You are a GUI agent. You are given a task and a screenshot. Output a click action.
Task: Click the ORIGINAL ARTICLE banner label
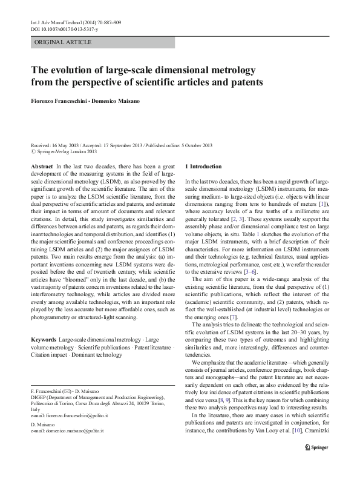tap(63, 42)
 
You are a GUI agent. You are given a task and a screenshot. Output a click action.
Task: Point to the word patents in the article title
tap(246, 82)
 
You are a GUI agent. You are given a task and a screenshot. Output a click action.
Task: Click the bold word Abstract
tap(41, 166)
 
